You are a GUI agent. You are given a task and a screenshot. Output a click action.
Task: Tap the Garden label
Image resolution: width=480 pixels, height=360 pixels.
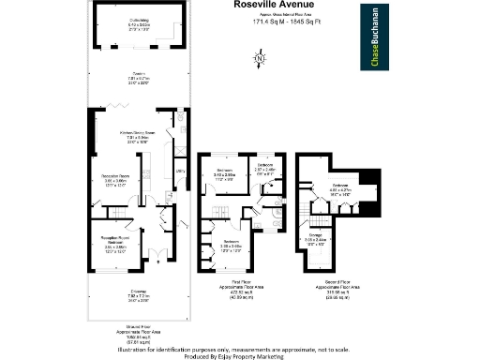point(139,78)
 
